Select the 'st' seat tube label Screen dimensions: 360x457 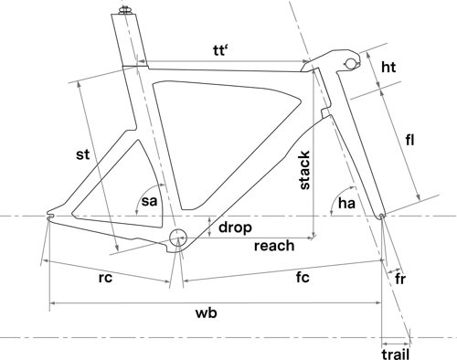(83, 155)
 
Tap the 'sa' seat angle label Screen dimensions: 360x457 (150, 202)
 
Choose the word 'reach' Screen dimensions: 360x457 (273, 245)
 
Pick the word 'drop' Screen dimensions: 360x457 (234, 226)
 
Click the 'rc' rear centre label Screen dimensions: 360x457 (105, 279)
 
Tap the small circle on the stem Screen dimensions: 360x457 (350, 61)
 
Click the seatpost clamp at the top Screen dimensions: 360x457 (122, 12)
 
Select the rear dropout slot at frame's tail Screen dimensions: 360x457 (51, 217)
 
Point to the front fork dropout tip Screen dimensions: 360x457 (380, 217)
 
